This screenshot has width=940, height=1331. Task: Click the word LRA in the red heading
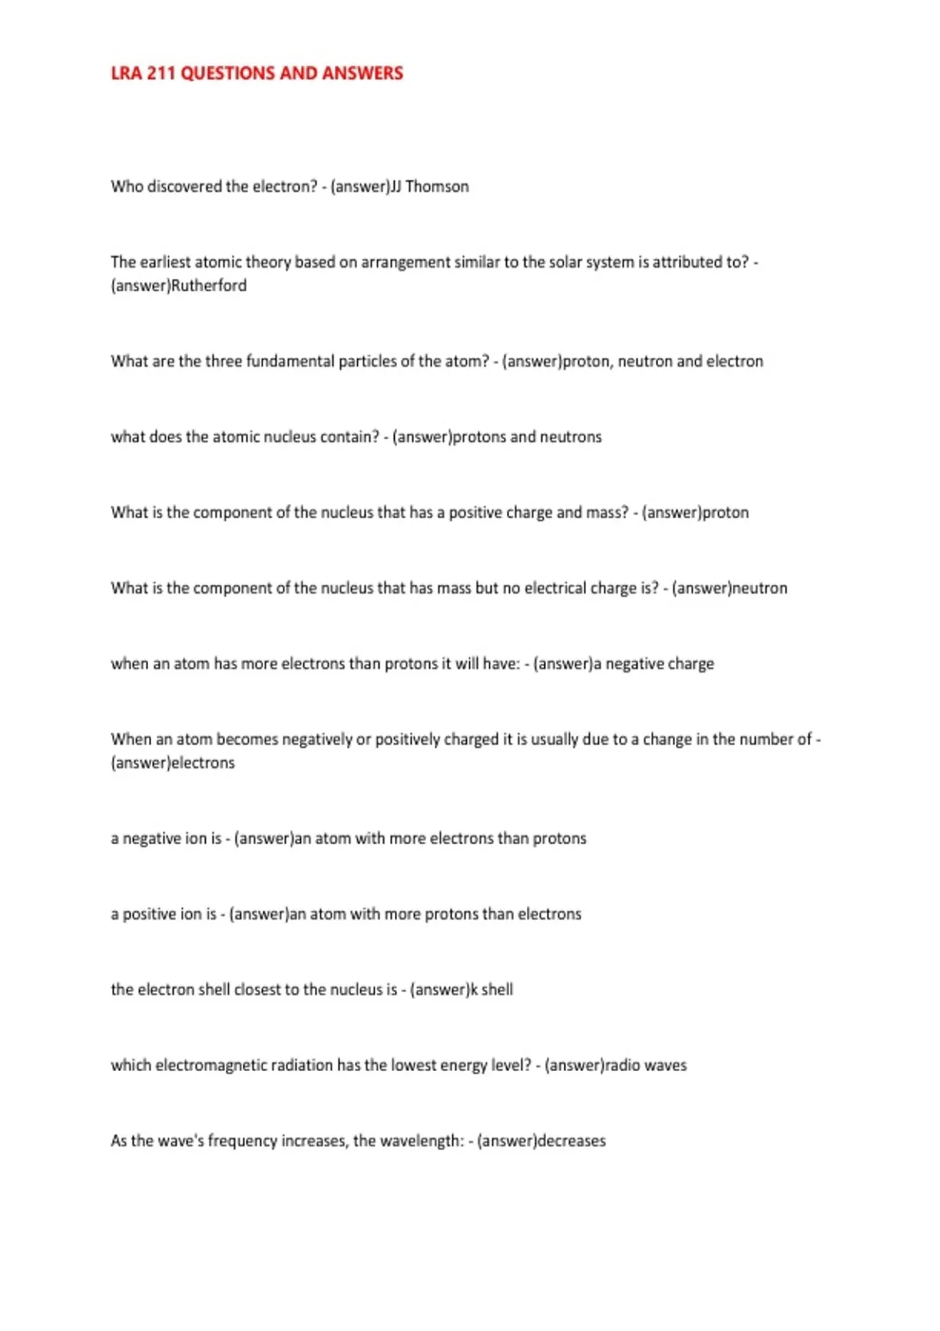click(125, 74)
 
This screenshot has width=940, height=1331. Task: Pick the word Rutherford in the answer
click(208, 286)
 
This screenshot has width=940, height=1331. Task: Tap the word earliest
click(164, 262)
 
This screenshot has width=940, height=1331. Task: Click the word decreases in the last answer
click(571, 1141)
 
